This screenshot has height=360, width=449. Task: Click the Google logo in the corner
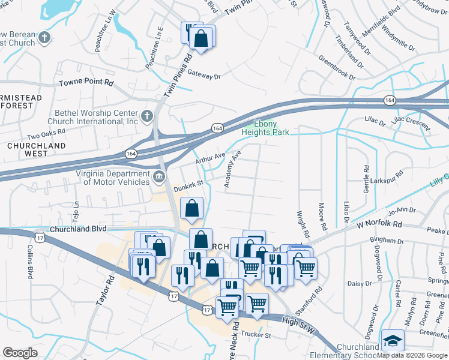20,353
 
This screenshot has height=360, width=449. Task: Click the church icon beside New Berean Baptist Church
44,38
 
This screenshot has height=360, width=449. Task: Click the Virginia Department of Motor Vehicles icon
159,176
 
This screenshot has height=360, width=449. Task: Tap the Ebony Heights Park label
266,128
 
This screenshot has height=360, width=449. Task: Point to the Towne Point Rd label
85,82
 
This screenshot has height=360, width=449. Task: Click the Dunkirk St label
189,188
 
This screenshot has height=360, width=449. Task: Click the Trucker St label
256,334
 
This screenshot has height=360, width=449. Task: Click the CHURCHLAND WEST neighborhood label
28,149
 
